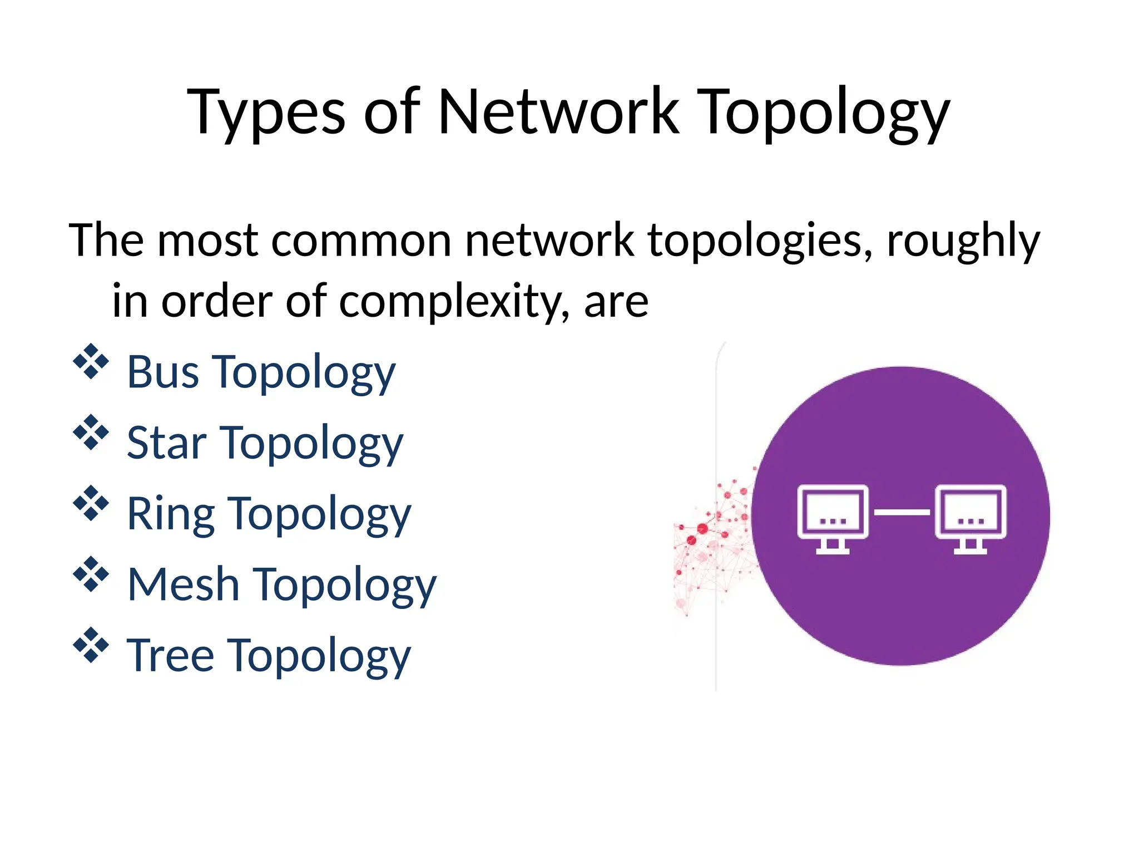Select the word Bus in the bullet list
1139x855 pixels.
tap(162, 372)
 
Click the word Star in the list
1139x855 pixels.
tap(166, 443)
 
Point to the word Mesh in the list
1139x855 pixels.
tap(183, 584)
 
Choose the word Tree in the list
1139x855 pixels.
tap(170, 656)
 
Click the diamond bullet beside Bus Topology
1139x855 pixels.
tap(91, 362)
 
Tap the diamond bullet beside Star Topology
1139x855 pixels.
tap(91, 433)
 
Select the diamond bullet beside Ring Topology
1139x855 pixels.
tap(91, 504)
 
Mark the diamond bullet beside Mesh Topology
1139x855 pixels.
tap(91, 574)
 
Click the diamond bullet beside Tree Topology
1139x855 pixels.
tap(91, 645)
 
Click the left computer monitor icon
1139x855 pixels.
tap(833, 518)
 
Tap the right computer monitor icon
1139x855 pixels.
tap(970, 518)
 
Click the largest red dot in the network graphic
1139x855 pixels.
tap(702, 528)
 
